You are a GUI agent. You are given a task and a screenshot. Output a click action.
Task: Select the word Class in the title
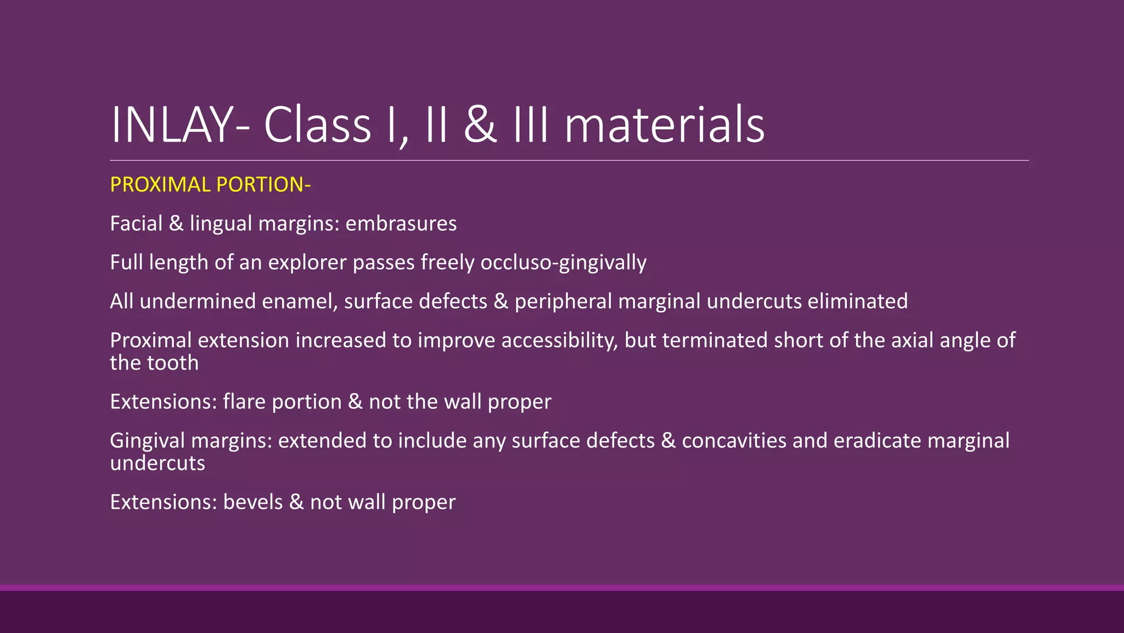pos(317,125)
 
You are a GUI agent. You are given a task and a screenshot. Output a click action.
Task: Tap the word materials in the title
pos(664,125)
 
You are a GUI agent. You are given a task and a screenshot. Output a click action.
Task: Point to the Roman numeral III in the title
pos(530,125)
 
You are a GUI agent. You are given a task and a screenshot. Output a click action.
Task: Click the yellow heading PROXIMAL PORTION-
pos(210,185)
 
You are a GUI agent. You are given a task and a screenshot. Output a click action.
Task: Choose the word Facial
pos(136,224)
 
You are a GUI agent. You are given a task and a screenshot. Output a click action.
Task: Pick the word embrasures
pos(401,224)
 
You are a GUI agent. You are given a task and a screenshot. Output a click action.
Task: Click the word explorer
pos(307,263)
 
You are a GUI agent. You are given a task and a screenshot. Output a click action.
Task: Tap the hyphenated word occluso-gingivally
pos(563,263)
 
